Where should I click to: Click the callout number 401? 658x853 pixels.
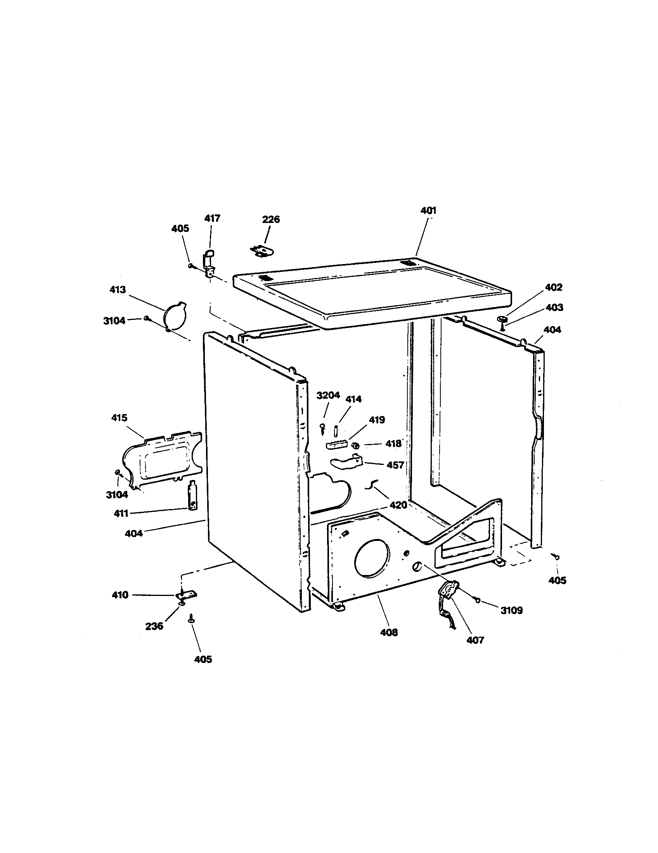(428, 211)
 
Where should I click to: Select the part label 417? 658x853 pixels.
(212, 218)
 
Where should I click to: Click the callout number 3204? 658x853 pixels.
(328, 395)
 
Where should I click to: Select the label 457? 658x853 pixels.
(395, 465)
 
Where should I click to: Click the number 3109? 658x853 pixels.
(511, 610)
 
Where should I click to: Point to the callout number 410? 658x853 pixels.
(120, 595)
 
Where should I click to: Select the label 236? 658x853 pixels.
(154, 626)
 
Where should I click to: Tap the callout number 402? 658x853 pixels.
(553, 287)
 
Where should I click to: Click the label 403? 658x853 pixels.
(554, 308)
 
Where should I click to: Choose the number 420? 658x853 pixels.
(398, 505)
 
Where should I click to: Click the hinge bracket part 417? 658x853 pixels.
(208, 264)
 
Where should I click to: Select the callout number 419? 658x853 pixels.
(377, 420)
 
